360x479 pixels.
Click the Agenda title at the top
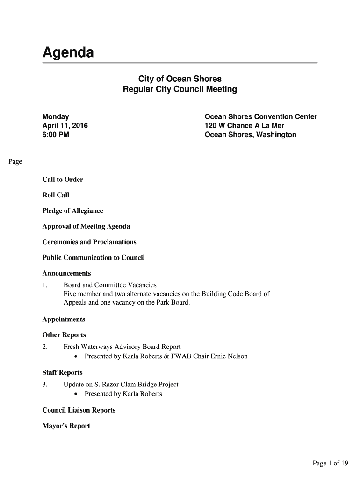pyautogui.click(x=68, y=52)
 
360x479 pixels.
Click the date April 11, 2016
pyautogui.click(x=65, y=126)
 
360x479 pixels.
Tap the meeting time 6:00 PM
pyautogui.click(x=57, y=135)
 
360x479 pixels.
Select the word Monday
pyautogui.click(x=56, y=116)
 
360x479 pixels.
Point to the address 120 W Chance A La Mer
pyautogui.click(x=244, y=126)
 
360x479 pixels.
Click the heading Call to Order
pyautogui.click(x=63, y=180)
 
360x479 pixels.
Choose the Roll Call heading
pyautogui.click(x=56, y=195)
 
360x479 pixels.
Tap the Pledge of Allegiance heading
pyautogui.click(x=72, y=211)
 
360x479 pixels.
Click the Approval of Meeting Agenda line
pyautogui.click(x=86, y=226)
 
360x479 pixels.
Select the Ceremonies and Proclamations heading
pyautogui.click(x=89, y=242)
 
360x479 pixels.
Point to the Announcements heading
pyautogui.click(x=66, y=273)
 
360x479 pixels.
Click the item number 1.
pyautogui.click(x=45, y=285)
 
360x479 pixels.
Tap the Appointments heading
pyautogui.click(x=64, y=319)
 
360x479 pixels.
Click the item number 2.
pyautogui.click(x=45, y=347)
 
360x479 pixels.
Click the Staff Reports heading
pyautogui.click(x=62, y=373)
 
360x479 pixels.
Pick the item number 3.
pyautogui.click(x=45, y=385)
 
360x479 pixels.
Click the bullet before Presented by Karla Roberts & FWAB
pyautogui.click(x=76, y=357)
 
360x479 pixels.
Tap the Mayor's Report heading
pyautogui.click(x=66, y=426)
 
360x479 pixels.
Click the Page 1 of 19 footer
pyautogui.click(x=330, y=464)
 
